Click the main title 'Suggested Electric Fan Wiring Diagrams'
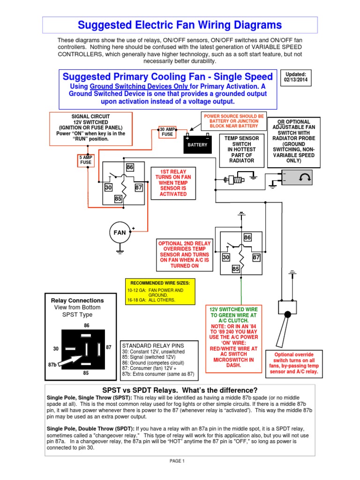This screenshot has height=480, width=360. [x=180, y=25]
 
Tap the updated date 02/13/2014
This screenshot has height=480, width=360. [x=294, y=77]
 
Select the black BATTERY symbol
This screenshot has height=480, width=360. [x=197, y=144]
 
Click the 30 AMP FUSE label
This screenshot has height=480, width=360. [x=167, y=132]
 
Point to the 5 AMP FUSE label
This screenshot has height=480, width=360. [x=86, y=160]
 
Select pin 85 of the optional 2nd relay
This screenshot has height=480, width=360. [x=236, y=269]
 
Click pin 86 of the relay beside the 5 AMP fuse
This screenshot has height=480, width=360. [x=130, y=167]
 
